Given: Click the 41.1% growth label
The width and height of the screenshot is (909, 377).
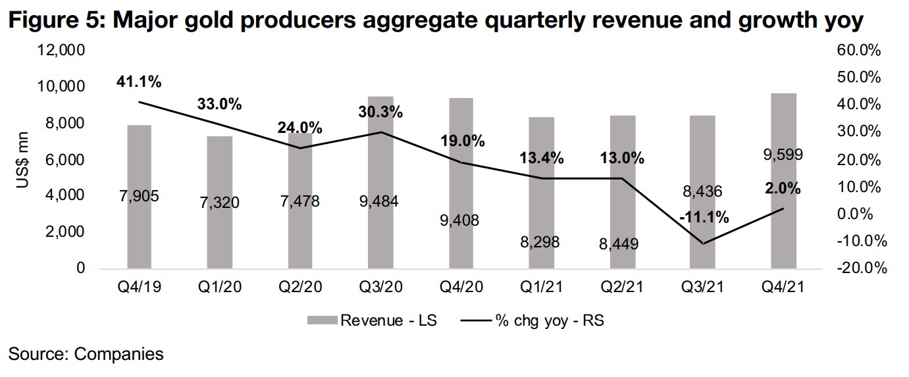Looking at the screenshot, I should [139, 82].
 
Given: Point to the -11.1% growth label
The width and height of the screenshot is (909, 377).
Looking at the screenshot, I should [704, 217].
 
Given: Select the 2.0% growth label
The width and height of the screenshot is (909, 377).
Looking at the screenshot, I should [783, 189].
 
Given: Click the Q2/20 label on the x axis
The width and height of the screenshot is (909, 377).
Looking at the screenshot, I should [300, 287].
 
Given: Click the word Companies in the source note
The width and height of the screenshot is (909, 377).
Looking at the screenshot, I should [119, 355].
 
